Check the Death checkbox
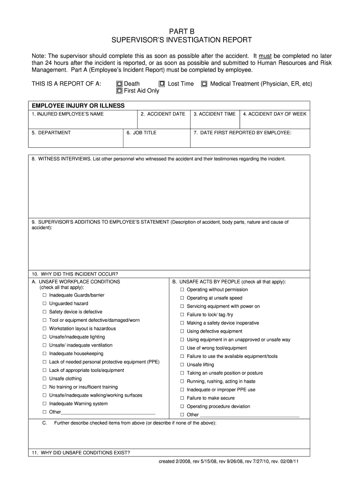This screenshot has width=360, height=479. point(120,84)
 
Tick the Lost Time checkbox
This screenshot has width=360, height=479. point(162,84)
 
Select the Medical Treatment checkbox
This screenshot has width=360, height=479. point(204,84)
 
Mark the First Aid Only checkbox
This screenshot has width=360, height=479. point(120,91)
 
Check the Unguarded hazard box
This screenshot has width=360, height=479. point(44,304)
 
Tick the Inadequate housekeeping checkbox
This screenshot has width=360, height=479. point(44,354)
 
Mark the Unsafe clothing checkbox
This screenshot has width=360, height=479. point(44,379)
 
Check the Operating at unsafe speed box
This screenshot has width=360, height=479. point(182,298)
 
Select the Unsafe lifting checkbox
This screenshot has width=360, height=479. point(182,365)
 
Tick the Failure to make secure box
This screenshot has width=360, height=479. point(182,398)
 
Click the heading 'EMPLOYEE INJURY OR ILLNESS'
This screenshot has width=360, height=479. point(78,106)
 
